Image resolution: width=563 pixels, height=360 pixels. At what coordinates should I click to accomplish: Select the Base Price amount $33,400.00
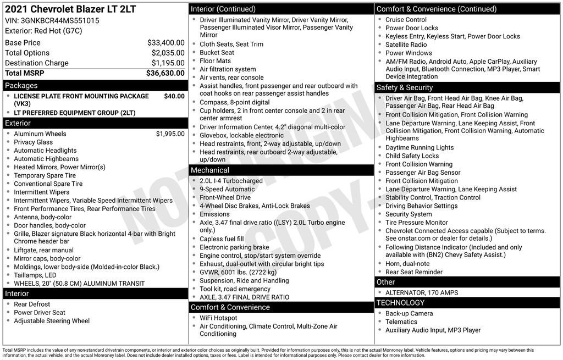click(165, 42)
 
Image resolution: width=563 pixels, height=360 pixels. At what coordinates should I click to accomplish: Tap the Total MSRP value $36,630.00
click(165, 73)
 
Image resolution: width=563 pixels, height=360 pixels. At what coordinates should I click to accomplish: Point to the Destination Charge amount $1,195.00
click(168, 63)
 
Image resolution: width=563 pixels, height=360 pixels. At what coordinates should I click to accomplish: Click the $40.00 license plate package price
click(174, 96)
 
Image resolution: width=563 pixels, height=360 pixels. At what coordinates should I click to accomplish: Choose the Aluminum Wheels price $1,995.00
click(170, 134)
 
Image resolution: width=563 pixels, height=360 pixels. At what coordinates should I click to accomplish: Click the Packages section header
click(21, 86)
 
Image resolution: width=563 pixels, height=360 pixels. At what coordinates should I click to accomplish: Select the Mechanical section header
click(210, 170)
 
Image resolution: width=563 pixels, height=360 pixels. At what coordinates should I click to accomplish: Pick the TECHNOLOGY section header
click(400, 303)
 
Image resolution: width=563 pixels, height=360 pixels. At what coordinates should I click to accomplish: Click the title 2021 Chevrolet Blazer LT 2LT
click(70, 9)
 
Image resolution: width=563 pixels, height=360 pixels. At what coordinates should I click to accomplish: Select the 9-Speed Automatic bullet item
click(227, 189)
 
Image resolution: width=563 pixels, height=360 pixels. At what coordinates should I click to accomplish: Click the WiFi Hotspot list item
click(218, 318)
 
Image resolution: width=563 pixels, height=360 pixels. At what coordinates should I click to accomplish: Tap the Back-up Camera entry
click(409, 313)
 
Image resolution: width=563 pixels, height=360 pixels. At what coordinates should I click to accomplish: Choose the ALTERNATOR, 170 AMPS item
click(422, 292)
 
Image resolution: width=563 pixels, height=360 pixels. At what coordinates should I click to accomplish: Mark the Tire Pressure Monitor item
click(416, 223)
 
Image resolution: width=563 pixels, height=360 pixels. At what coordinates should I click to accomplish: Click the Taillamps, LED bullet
click(35, 275)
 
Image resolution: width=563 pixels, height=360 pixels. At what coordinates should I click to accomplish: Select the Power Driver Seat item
click(40, 313)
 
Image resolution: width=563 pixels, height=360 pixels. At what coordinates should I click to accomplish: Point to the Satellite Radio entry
click(406, 45)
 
